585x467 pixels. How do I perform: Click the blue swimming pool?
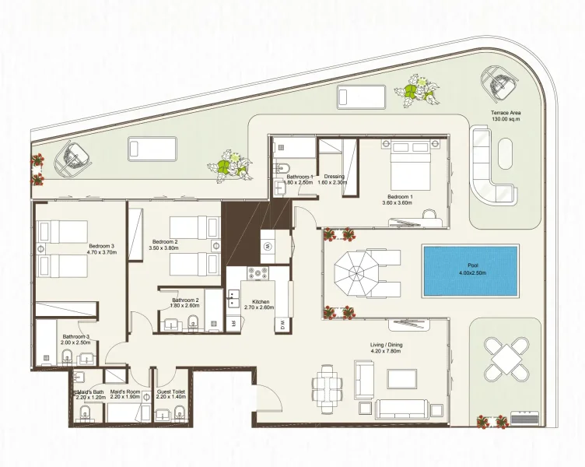470,270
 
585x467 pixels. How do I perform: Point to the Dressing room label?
334,177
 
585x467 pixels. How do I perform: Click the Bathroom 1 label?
300,177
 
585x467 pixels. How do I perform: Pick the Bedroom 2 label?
165,242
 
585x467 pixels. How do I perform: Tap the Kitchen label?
260,301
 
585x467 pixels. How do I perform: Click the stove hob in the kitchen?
257,274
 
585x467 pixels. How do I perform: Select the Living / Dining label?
387,344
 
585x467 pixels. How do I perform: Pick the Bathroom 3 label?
76,337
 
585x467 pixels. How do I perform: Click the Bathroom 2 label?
186,300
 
